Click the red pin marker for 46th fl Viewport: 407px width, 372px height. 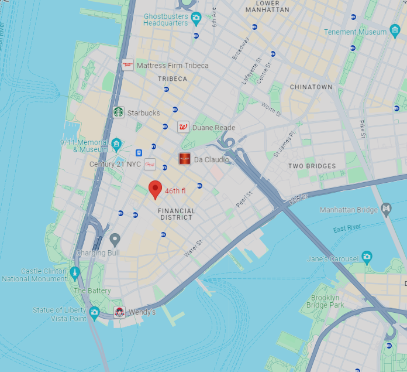click(155, 189)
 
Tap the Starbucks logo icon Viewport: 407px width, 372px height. click(119, 112)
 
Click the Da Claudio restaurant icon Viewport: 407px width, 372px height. click(185, 159)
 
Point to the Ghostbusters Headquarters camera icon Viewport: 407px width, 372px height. click(196, 18)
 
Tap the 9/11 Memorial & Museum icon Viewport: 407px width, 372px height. click(116, 144)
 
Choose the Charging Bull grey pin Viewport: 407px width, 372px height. click(115, 239)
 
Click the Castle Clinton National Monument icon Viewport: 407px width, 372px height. click(74, 273)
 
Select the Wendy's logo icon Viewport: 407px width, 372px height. click(119, 312)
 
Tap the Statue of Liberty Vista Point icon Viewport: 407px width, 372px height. click(94, 312)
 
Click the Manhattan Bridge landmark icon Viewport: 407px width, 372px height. click(386, 209)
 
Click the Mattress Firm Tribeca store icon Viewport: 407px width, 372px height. click(127, 65)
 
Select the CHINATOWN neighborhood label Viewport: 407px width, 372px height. click(311, 87)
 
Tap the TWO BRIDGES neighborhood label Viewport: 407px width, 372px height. click(312, 166)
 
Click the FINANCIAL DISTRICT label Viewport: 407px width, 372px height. click(177, 214)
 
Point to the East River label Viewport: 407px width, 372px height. click(347, 228)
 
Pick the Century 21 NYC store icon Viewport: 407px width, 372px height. click(150, 165)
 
